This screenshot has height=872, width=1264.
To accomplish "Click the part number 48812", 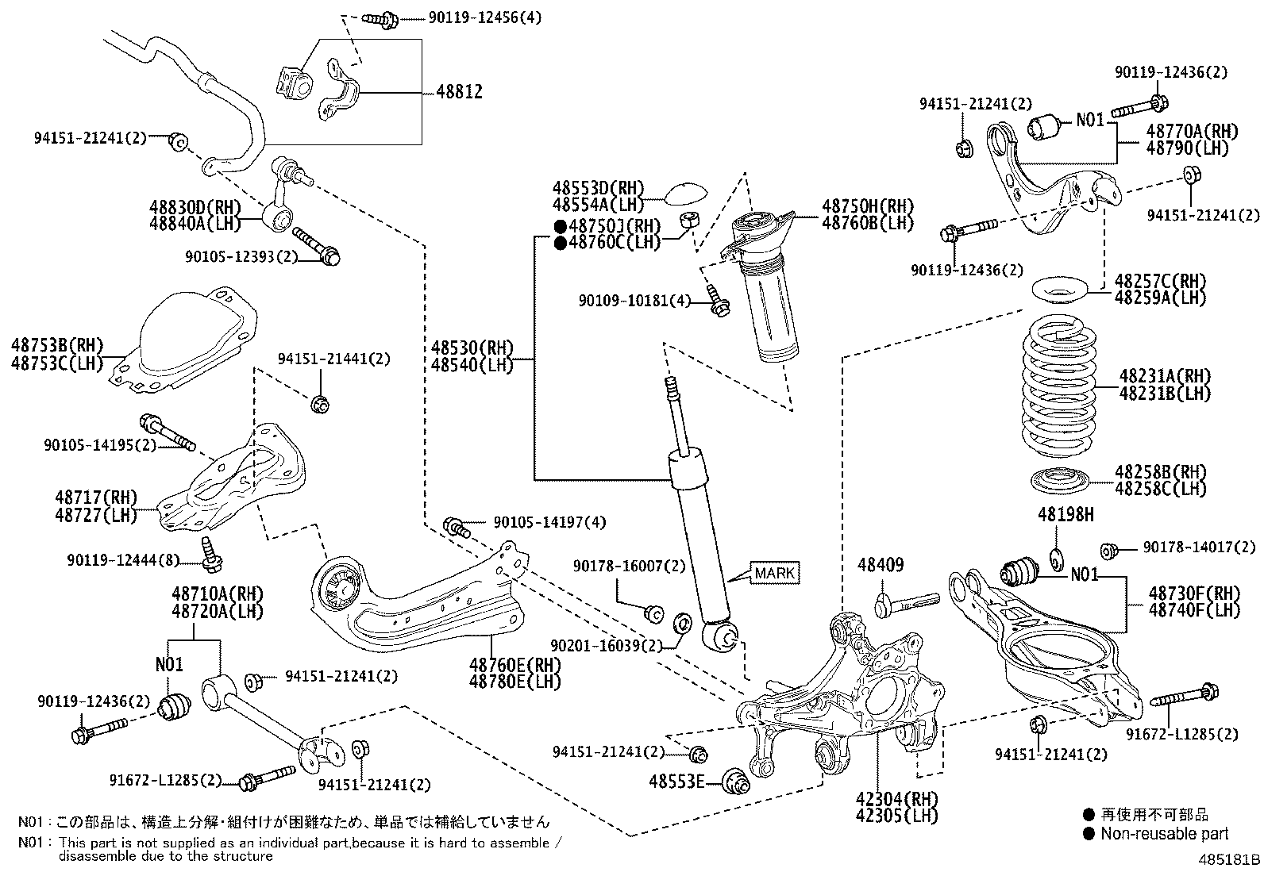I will click(x=459, y=92).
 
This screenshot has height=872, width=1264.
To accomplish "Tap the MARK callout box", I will click(x=775, y=573).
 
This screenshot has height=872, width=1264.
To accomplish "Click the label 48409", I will click(x=880, y=565).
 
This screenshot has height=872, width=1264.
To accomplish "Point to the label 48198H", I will click(x=1065, y=515).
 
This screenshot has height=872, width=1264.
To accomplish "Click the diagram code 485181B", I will click(x=1230, y=859).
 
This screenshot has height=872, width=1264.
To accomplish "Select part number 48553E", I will click(x=676, y=782).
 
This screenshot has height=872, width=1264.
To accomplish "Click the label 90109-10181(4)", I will click(x=634, y=301).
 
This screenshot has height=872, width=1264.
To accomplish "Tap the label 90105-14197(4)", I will click(x=549, y=522).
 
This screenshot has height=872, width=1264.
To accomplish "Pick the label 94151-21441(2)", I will click(x=333, y=359).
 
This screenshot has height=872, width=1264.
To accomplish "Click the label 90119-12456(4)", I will click(x=484, y=17).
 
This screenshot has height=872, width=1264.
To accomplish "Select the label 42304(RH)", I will click(x=885, y=799).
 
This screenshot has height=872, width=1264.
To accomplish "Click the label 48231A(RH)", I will click(x=1165, y=375).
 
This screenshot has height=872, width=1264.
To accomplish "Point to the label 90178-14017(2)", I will click(x=1200, y=547).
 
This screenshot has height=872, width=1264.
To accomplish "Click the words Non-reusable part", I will click(x=1164, y=834).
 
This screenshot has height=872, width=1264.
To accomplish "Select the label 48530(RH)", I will click(x=472, y=348).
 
